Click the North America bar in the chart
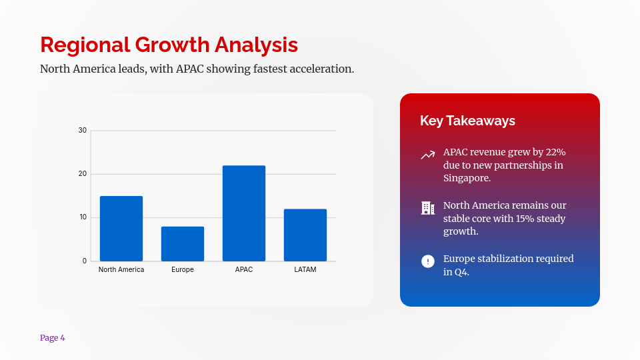tap(121, 229)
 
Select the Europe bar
tap(183, 244)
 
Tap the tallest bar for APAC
tap(244, 213)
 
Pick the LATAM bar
tap(305, 235)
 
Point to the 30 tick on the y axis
tap(83, 130)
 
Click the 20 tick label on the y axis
tap(83, 174)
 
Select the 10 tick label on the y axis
tap(83, 217)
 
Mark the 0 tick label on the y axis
tap(85, 261)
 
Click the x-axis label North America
tap(121, 270)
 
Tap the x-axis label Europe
tap(183, 270)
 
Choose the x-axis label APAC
tap(244, 270)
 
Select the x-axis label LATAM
tap(305, 270)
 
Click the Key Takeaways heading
tap(467, 121)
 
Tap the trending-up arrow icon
tap(428, 155)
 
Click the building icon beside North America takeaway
tap(428, 208)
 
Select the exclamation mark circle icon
tap(428, 261)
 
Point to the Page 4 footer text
tap(53, 338)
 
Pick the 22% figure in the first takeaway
tap(555, 152)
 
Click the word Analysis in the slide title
tap(256, 45)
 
